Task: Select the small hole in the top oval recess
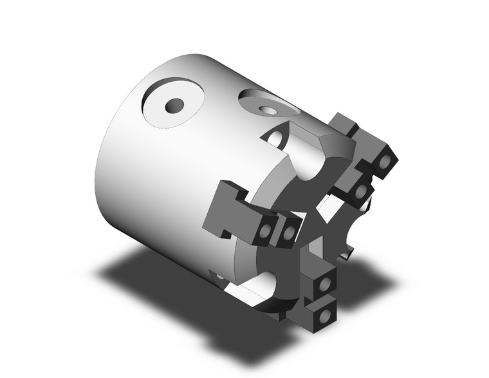266,109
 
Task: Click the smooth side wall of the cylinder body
161,174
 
